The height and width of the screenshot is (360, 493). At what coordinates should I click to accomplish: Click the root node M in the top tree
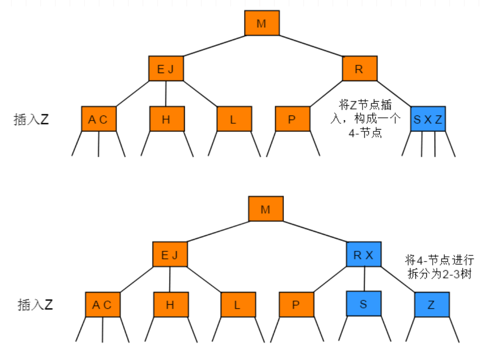(x=262, y=23)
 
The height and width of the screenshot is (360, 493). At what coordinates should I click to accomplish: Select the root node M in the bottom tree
(x=266, y=209)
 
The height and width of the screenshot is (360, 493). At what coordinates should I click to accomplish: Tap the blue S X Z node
(x=428, y=119)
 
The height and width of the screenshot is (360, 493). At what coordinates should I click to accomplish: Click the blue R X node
(x=364, y=255)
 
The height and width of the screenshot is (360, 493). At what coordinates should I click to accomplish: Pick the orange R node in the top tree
(x=360, y=69)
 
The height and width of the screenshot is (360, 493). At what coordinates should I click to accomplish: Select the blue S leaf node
(x=364, y=303)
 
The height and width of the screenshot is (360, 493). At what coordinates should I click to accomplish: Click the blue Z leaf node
(x=432, y=304)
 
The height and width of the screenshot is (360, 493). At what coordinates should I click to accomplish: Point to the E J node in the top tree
(x=166, y=69)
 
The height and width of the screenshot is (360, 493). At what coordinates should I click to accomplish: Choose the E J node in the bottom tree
(x=170, y=255)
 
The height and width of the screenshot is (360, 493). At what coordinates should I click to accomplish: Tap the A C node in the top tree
(x=99, y=119)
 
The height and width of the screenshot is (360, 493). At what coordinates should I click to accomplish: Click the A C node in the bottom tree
(x=103, y=304)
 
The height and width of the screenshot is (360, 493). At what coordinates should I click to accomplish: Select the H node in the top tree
(x=167, y=119)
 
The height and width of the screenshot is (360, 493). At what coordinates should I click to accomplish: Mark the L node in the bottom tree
(x=238, y=304)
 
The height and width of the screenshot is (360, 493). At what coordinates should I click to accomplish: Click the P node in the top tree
(x=293, y=119)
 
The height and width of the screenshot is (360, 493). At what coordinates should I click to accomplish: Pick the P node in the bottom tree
(x=296, y=304)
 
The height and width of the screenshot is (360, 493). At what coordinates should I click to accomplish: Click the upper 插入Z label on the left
(x=31, y=120)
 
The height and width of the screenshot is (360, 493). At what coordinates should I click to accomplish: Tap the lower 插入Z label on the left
(x=35, y=305)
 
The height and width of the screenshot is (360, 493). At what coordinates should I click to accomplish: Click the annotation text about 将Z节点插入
(x=364, y=119)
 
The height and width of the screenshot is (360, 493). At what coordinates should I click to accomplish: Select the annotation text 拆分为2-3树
(x=440, y=275)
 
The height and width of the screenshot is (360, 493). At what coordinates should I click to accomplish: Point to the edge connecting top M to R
(x=311, y=46)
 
